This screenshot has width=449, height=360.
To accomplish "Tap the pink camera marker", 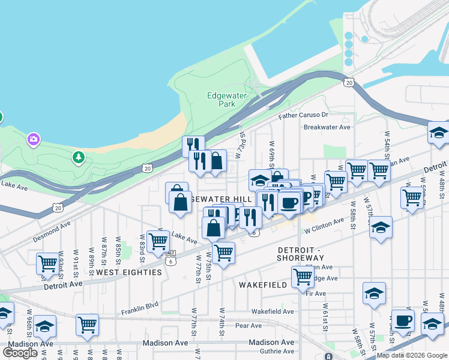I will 33,140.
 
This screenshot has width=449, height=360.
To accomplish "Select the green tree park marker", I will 77,157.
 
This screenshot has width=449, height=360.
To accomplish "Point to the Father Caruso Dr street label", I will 304,115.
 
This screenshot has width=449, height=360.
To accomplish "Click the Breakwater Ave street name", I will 327,127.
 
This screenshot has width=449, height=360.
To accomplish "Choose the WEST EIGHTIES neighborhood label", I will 129,272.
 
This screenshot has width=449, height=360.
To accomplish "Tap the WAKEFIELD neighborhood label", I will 263,285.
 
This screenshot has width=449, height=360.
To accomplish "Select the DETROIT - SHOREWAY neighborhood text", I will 300,253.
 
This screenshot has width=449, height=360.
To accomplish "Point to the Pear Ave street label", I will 249,326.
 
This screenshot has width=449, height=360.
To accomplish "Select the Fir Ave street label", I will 315,293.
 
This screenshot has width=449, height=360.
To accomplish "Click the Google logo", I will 20,352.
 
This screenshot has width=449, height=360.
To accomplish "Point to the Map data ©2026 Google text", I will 411,355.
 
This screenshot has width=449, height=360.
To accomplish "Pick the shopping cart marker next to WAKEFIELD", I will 303,277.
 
